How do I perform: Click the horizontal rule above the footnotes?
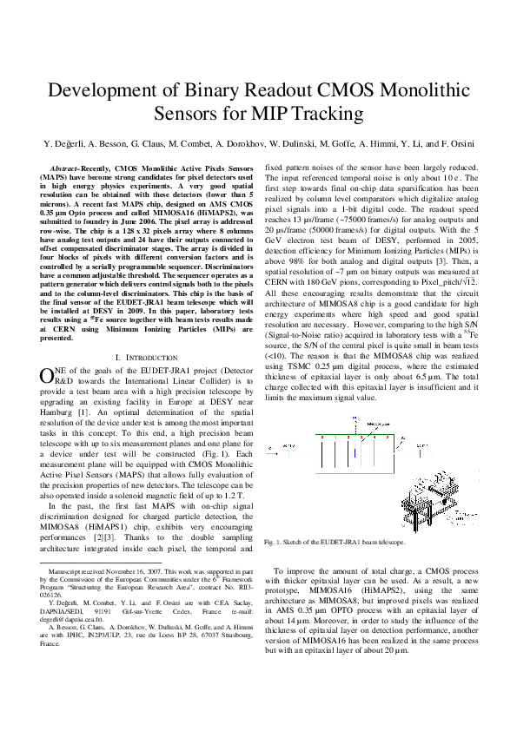96,566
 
